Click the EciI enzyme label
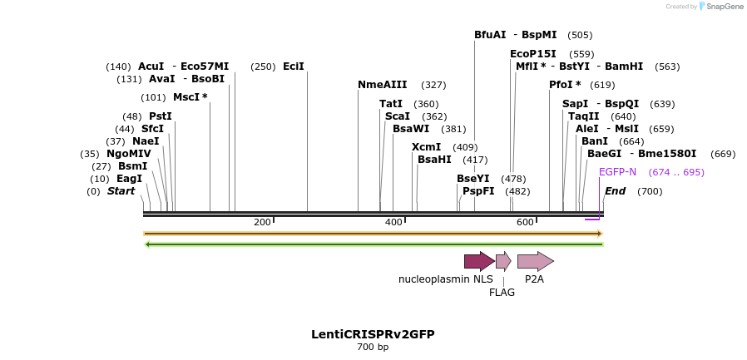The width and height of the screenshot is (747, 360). coord(294,67)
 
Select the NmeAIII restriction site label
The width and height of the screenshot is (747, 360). coord(383,85)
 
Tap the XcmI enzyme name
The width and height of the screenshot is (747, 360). coord(426,147)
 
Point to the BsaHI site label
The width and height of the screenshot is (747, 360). coord(434,160)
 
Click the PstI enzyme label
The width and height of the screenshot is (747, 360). coord(160,116)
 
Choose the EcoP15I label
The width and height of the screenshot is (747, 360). coord(533,54)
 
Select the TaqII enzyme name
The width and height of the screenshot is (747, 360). coord(583,116)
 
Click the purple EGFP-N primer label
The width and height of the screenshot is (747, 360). coord(617,172)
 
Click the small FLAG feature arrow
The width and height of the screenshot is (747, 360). coord(502,261)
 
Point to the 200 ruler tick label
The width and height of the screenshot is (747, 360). coord(262,222)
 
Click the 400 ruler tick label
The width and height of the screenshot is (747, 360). coord(393,222)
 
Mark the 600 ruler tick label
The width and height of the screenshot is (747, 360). coord(525,222)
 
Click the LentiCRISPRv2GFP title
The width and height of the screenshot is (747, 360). coord(373,334)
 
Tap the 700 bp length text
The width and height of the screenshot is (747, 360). coord(373,348)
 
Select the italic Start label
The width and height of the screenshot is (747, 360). coord(121,191)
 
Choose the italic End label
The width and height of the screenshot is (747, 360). coord(615,191)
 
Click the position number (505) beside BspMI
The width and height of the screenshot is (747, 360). coord(580,35)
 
